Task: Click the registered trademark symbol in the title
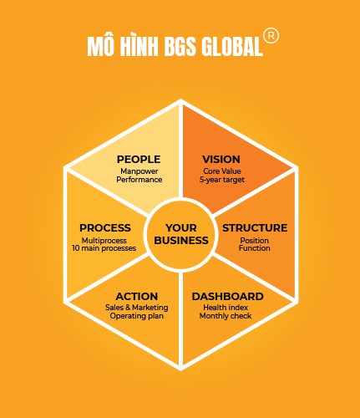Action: [271, 36]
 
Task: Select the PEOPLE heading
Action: [139, 160]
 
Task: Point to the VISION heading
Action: [221, 160]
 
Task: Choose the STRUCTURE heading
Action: [255, 228]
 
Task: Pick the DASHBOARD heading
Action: [228, 297]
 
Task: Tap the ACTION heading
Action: [137, 297]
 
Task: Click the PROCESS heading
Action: [105, 228]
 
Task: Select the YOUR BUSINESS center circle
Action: [181, 234]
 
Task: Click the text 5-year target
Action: [222, 180]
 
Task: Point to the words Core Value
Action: [222, 171]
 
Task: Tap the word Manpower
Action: [139, 171]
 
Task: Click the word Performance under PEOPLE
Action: [139, 180]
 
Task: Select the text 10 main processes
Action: [104, 248]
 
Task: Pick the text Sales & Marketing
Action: [137, 308]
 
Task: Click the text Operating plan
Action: [137, 316]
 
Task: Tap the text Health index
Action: [226, 308]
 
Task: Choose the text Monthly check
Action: [226, 316]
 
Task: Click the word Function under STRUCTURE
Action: [255, 248]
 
